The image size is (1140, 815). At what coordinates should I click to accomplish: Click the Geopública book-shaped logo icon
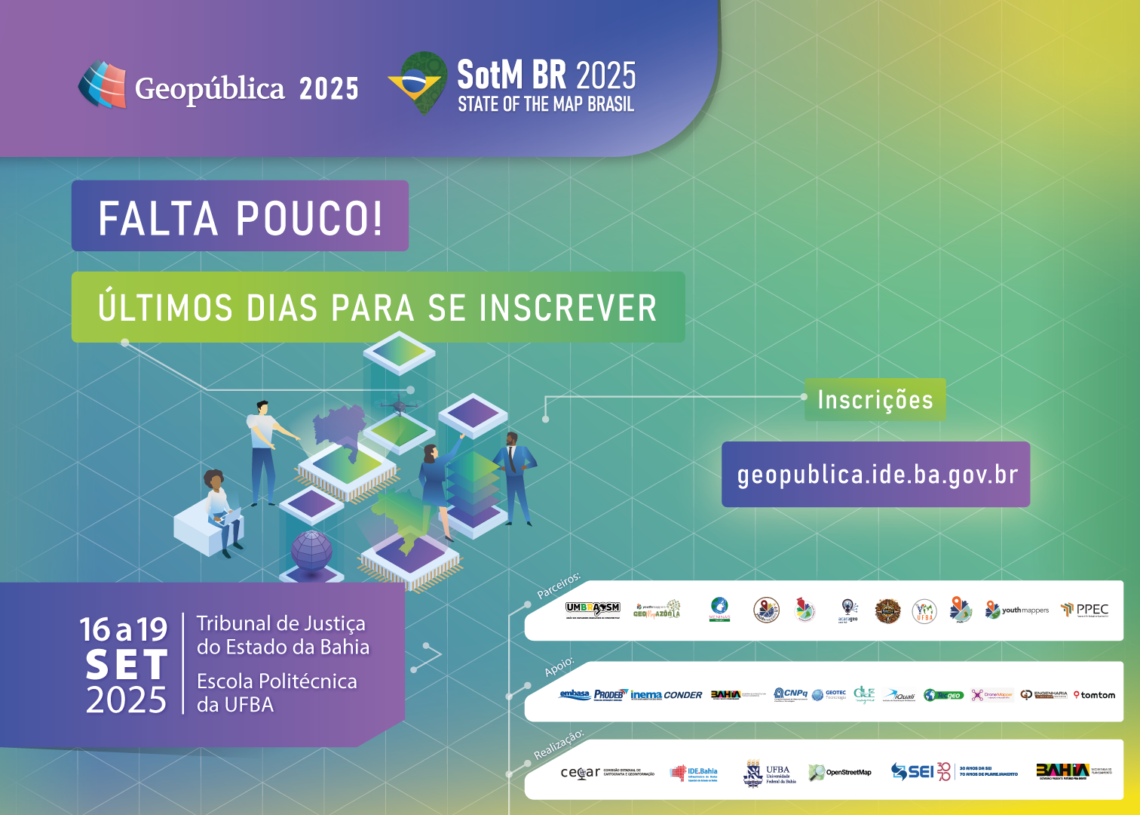[x=103, y=85]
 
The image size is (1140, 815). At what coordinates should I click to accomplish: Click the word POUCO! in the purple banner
[x=309, y=218]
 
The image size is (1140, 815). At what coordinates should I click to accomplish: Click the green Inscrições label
[x=875, y=399]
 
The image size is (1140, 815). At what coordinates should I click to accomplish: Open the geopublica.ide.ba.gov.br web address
[x=877, y=475]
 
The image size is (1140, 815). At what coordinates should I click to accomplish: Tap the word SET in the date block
[x=126, y=665]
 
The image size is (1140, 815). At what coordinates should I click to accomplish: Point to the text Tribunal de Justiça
[x=280, y=623]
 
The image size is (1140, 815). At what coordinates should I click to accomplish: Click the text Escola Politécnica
[x=277, y=681]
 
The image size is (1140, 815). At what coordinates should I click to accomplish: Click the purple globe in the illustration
[x=311, y=550]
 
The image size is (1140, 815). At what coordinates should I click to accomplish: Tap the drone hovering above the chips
[x=400, y=404]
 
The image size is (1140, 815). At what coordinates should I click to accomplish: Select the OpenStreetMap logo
[x=840, y=772]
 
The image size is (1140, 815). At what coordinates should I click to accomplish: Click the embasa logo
[x=575, y=694]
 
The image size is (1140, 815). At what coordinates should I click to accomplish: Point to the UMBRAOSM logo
[x=593, y=609]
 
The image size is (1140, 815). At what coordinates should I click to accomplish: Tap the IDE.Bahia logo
[x=694, y=773]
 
